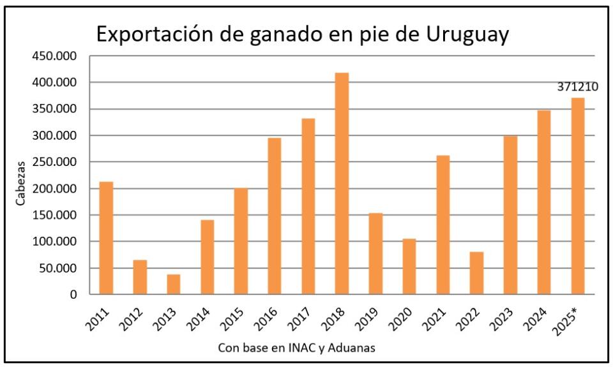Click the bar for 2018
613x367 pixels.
pyautogui.click(x=342, y=184)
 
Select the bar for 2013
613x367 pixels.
pyautogui.click(x=174, y=285)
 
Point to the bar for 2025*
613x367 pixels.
pyautogui.click(x=577, y=196)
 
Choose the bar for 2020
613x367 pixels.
pyautogui.click(x=409, y=267)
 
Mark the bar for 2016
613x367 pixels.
pyautogui.click(x=274, y=216)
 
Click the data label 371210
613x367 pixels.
pyautogui.click(x=577, y=87)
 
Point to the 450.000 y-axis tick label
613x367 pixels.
pyautogui.click(x=54, y=56)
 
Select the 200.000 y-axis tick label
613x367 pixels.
pyautogui.click(x=54, y=189)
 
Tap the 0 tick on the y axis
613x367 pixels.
pyautogui.click(x=73, y=295)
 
